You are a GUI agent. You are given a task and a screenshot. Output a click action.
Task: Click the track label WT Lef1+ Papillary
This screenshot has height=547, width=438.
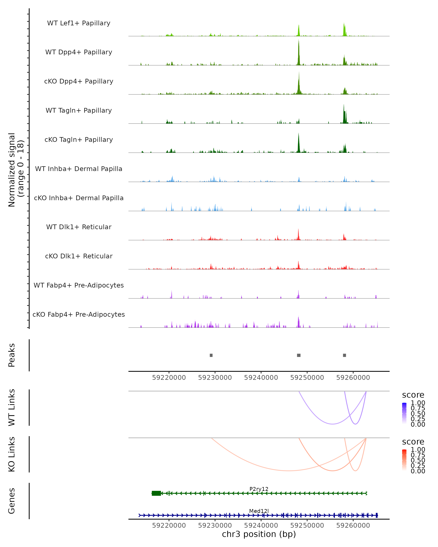tap(79, 23)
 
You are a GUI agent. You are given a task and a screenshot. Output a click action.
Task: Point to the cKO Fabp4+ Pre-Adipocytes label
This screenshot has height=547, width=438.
tap(79, 314)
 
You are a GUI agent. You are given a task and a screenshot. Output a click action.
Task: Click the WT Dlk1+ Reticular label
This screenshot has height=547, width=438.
tap(79, 227)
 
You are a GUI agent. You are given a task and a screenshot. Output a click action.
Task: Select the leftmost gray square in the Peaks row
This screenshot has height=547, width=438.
tap(211, 355)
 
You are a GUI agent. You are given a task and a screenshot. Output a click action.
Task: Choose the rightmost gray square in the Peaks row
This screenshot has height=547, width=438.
tap(344, 355)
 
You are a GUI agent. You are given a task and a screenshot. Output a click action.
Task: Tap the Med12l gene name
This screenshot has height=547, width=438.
tap(259, 511)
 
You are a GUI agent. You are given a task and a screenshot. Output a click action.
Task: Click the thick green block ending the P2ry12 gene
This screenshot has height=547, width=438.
tap(156, 493)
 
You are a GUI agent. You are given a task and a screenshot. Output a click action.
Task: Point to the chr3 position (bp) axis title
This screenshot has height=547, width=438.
tap(259, 534)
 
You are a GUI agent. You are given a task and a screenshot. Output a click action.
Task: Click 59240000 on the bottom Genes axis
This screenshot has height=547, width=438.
tap(261, 525)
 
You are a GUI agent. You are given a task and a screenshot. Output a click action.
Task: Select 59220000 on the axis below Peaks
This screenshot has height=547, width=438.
tap(169, 378)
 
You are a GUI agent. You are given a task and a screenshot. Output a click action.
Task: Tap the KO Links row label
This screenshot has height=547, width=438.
tap(12, 454)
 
